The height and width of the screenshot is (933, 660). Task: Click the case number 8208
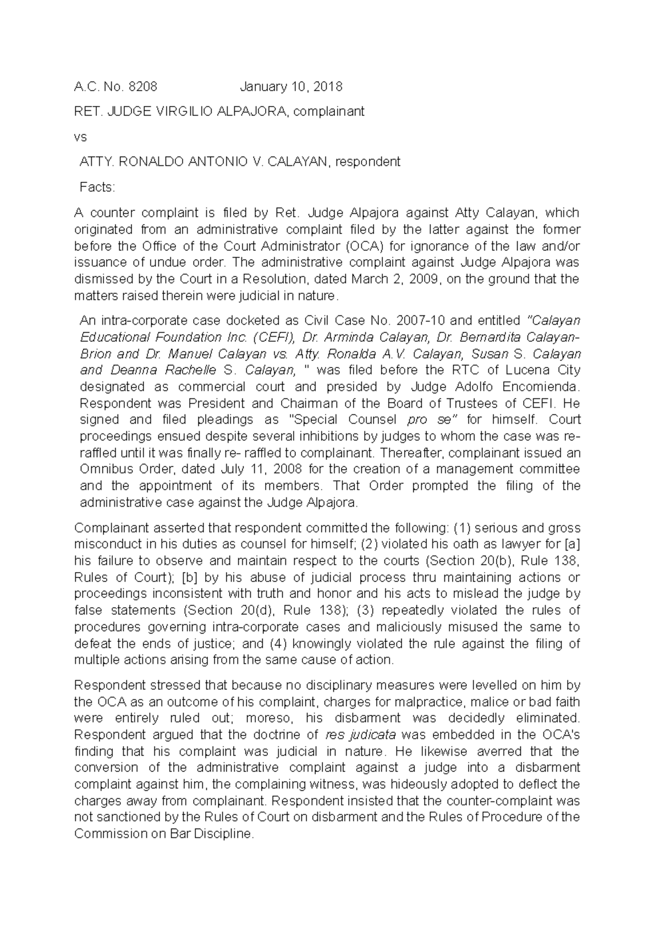142,86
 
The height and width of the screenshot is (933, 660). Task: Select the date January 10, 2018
291,86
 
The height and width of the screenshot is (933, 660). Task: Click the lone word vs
80,137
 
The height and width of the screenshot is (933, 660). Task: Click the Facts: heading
97,187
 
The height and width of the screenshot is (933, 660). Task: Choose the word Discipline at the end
220,834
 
